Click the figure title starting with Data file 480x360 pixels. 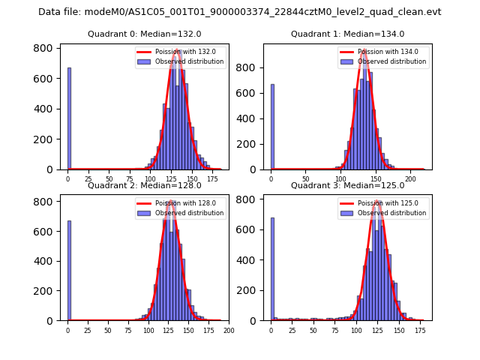click(240, 12)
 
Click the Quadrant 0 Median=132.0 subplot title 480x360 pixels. click(145, 34)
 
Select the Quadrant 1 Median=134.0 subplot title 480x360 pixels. click(347, 34)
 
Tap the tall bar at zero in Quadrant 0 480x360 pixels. click(69, 120)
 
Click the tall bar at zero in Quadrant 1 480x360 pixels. click(272, 127)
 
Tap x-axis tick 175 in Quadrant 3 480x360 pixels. click(420, 331)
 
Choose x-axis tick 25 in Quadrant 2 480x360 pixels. click(88, 331)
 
